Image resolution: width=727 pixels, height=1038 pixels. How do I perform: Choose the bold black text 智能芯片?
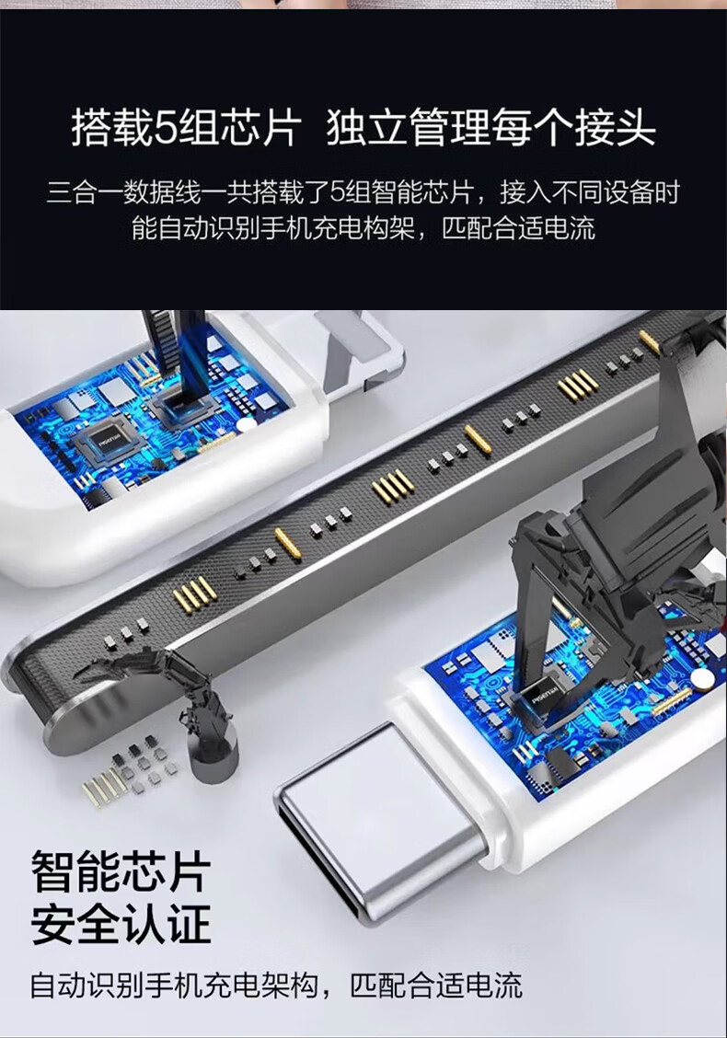[121, 872]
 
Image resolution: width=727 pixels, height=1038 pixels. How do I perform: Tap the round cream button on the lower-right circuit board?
[702, 677]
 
